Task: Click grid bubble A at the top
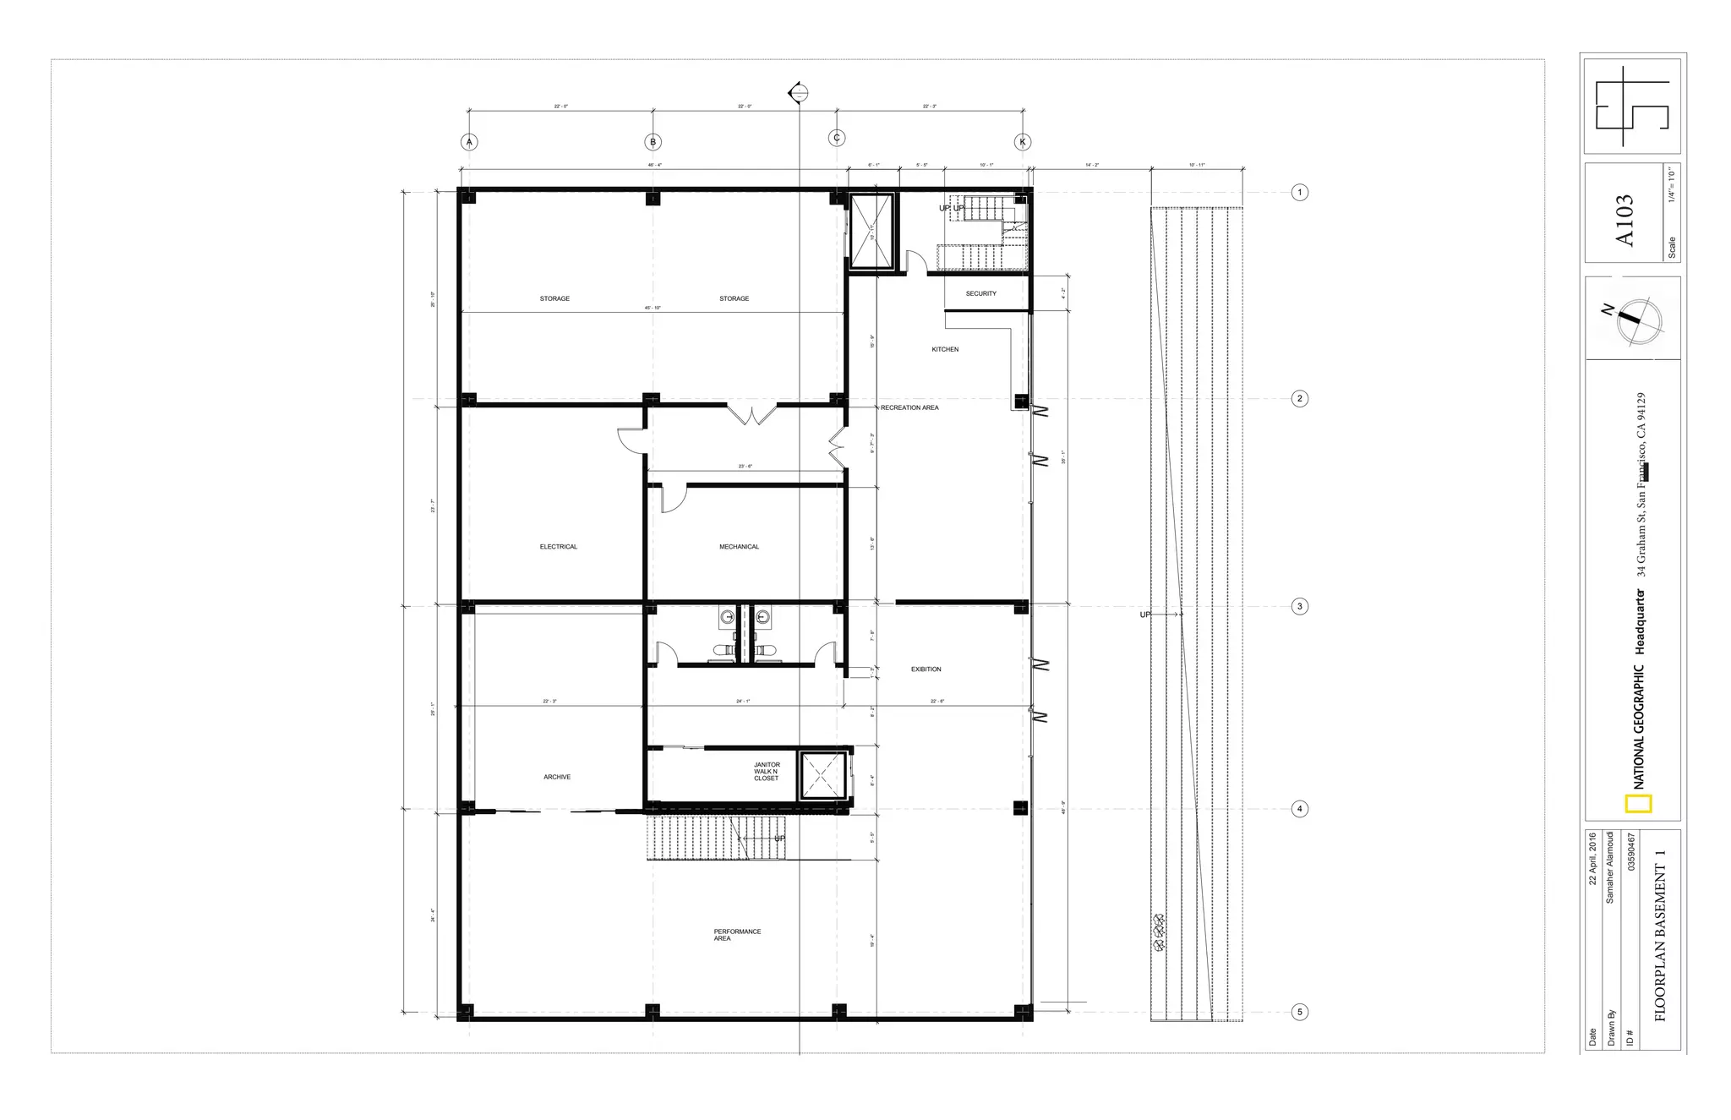tap(469, 142)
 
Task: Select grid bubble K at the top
tap(1023, 142)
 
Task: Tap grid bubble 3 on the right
tap(1300, 606)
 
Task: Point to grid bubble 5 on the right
tap(1300, 1012)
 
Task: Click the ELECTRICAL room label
tap(559, 547)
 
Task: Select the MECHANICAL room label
tap(739, 547)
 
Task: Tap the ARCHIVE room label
tap(557, 777)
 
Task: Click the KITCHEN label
tap(945, 349)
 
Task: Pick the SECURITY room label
tap(981, 293)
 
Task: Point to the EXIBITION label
tap(926, 669)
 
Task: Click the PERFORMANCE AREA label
tap(737, 935)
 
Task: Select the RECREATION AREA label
tap(909, 407)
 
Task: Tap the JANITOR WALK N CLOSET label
tap(767, 771)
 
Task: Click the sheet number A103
tap(1625, 221)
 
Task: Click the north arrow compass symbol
tap(1638, 322)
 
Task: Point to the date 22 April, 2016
tap(1592, 859)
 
